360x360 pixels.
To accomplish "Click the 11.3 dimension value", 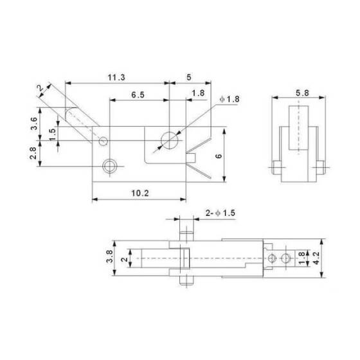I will tap(116, 77).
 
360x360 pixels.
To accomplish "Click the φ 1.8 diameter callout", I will tap(229, 99).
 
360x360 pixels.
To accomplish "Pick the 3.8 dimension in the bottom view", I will tap(110, 258).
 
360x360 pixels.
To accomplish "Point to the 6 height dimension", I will tap(236, 156).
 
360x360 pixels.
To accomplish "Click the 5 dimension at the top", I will tap(188, 77).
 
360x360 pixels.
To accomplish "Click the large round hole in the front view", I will tap(169, 139).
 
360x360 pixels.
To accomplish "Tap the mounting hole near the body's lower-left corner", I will tap(110, 165).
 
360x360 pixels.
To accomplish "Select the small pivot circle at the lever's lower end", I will tap(104, 139).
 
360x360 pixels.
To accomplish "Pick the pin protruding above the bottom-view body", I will tap(186, 230).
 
